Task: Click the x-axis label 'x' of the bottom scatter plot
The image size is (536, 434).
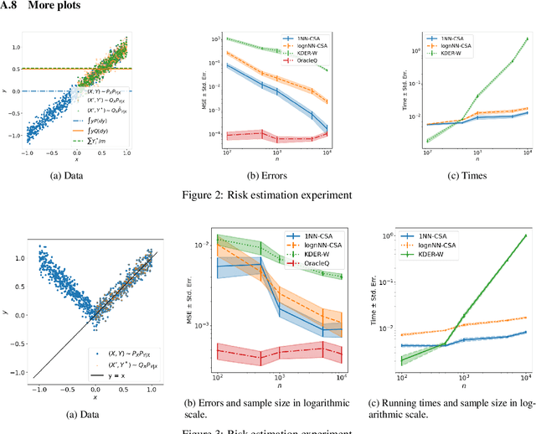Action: coord(94,397)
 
